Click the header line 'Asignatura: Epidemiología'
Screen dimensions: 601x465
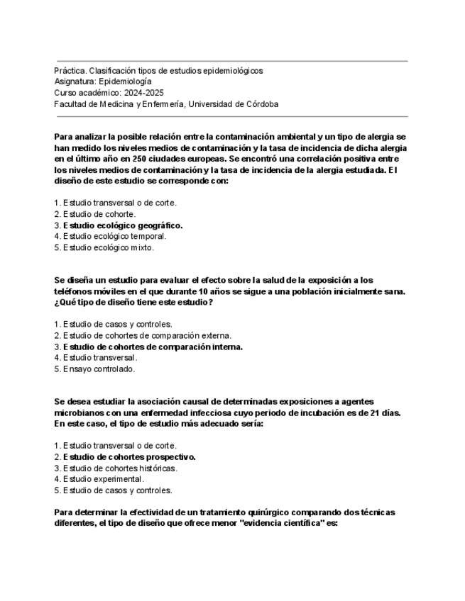coord(103,82)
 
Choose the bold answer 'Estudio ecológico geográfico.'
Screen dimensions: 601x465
coord(122,225)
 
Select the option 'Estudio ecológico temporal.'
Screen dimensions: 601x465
coord(114,236)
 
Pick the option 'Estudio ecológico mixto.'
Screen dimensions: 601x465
coord(108,247)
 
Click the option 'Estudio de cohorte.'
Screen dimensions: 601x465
coord(99,214)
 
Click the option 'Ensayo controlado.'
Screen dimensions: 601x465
coord(99,369)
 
